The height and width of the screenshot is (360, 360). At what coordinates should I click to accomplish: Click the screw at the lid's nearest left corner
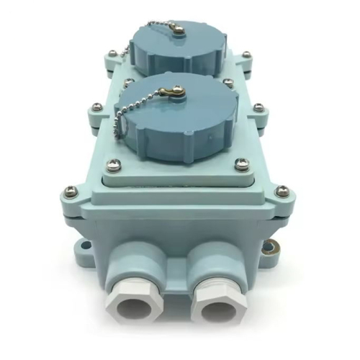coord(68,191)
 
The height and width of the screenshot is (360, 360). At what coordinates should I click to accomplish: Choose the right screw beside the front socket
coord(241,165)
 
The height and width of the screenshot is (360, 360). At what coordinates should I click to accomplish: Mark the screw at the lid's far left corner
coord(112,53)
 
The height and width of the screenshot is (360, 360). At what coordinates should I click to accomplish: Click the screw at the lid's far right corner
coord(246,55)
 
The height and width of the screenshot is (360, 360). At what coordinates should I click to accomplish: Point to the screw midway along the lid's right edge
coord(258,108)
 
